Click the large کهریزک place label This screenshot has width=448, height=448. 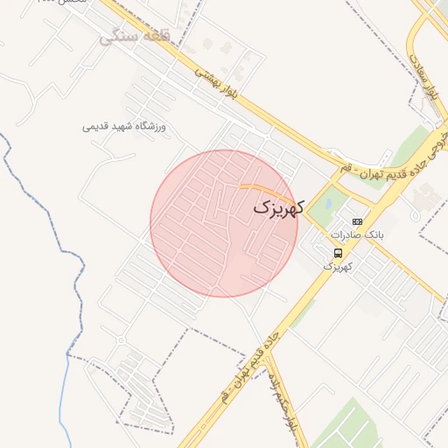279,208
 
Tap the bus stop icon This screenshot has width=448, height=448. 339,252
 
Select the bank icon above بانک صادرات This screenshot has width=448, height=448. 357,222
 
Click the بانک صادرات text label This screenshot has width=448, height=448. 358,235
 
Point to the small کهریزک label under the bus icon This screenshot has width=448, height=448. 337,265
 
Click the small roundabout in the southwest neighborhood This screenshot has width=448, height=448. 120,340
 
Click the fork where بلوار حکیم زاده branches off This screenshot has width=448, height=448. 266,351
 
